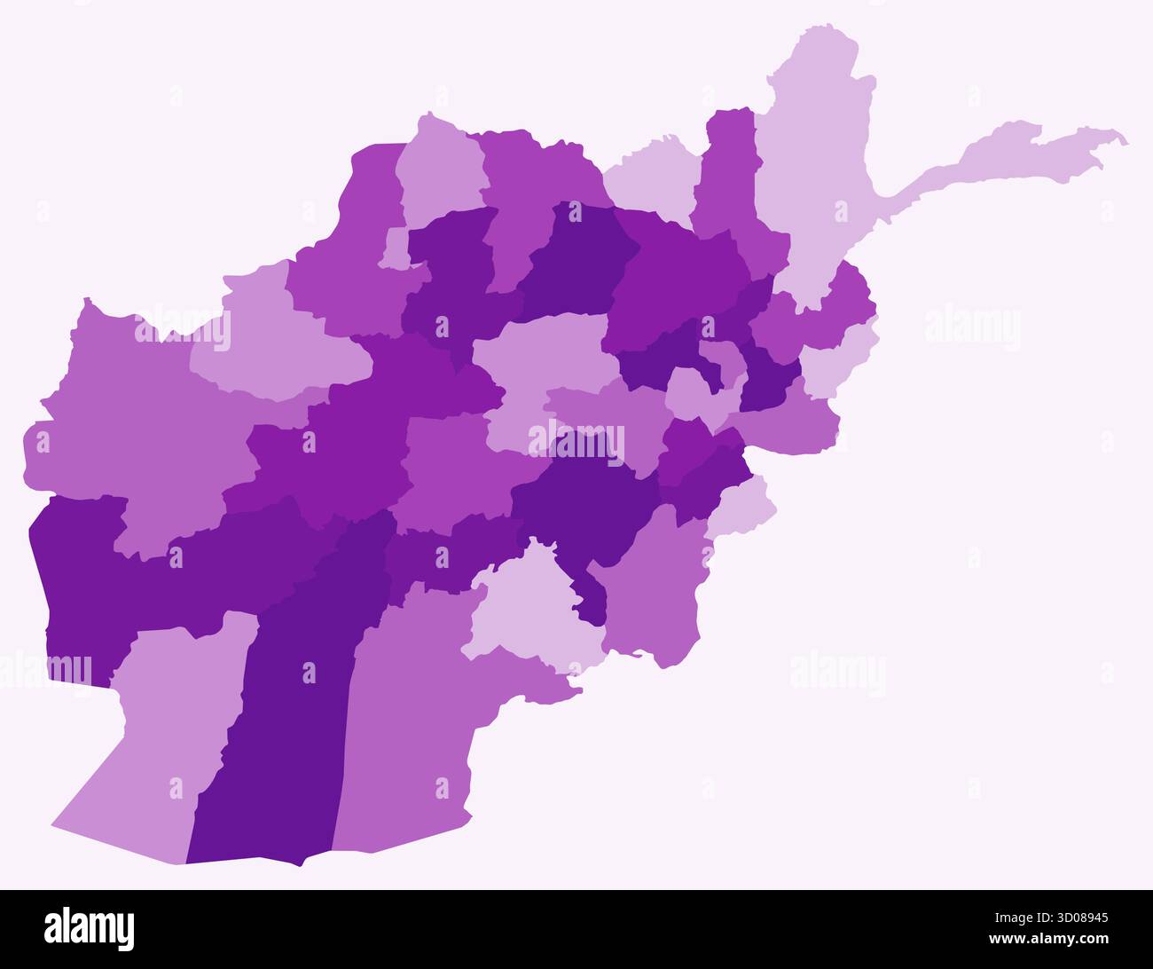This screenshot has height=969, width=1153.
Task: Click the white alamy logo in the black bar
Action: pyautogui.click(x=90, y=928)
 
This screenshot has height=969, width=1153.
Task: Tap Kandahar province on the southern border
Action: pyautogui.click(x=408, y=710)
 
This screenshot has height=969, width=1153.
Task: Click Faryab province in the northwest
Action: pyautogui.click(x=355, y=266)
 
